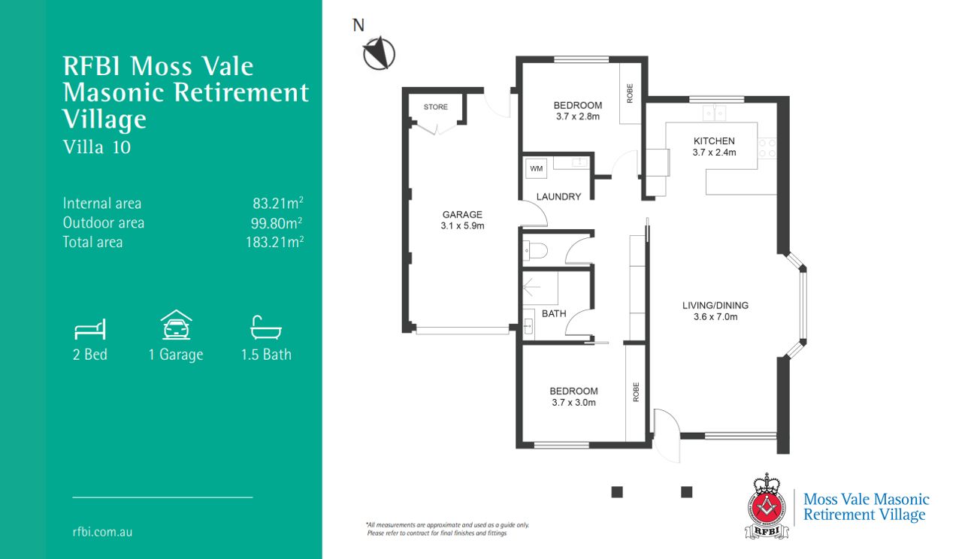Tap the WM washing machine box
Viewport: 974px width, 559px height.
(536, 168)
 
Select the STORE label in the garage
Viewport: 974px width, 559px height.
(435, 107)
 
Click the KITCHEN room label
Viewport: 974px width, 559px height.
(714, 141)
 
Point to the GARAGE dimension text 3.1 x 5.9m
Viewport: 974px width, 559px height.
(462, 225)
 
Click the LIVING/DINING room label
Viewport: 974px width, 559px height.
(715, 305)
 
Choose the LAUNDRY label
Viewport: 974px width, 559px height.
(558, 197)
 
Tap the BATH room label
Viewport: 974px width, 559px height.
(554, 313)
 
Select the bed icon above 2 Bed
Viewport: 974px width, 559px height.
(90, 329)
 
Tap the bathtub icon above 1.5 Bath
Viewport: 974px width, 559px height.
(265, 328)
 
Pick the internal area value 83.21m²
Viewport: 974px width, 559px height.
(278, 203)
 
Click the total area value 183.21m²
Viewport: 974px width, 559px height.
(274, 242)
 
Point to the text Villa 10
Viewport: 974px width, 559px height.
(97, 147)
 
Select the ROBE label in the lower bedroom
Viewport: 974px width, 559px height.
(636, 392)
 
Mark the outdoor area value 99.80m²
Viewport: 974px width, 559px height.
(277, 222)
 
